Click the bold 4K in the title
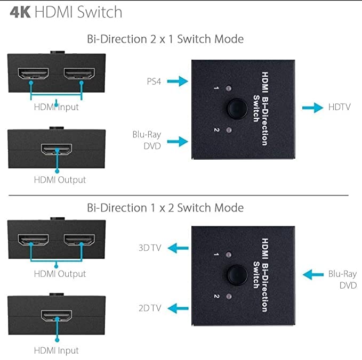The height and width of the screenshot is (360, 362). point(20,12)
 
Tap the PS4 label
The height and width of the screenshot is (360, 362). point(154,81)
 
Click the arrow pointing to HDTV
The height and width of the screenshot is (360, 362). point(312,108)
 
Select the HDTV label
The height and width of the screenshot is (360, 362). point(340,107)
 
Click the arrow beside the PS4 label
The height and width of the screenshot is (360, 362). point(178,81)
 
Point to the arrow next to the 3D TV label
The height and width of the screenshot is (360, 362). point(178,248)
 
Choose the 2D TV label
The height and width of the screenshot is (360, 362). point(150,308)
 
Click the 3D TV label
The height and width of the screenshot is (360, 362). point(150,248)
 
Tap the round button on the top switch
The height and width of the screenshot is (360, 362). point(237,109)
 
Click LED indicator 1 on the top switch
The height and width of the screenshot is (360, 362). point(229,88)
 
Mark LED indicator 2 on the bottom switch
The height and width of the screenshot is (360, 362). point(229,296)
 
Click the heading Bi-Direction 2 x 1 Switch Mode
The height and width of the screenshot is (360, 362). point(165,39)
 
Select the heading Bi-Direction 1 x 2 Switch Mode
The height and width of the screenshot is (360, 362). point(165,208)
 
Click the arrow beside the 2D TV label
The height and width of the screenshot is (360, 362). point(178,308)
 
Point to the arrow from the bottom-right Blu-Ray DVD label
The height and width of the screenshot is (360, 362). point(313,274)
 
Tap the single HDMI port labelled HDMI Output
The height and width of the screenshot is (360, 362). point(57,149)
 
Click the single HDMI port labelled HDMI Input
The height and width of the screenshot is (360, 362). point(57,315)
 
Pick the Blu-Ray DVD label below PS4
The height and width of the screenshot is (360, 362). point(147,140)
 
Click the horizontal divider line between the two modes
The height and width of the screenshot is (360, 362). point(179,195)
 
